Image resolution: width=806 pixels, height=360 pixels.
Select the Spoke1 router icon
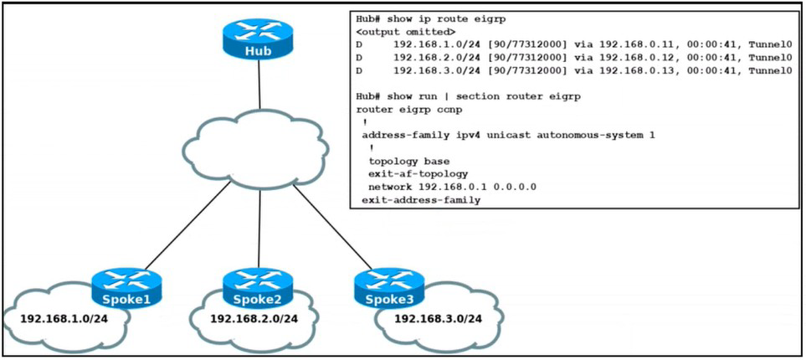pyautogui.click(x=126, y=287)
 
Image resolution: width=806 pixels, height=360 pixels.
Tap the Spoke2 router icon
pyautogui.click(x=258, y=287)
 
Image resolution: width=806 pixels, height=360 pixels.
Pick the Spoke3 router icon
pyautogui.click(x=389, y=287)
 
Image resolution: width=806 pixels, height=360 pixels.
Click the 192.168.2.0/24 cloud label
pyautogui.click(x=254, y=319)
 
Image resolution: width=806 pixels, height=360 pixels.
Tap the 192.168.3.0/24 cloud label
pyautogui.click(x=438, y=319)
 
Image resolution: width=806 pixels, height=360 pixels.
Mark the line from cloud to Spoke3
pyautogui.click(x=332, y=228)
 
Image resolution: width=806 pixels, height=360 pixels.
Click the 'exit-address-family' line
pyautogui.click(x=421, y=200)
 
